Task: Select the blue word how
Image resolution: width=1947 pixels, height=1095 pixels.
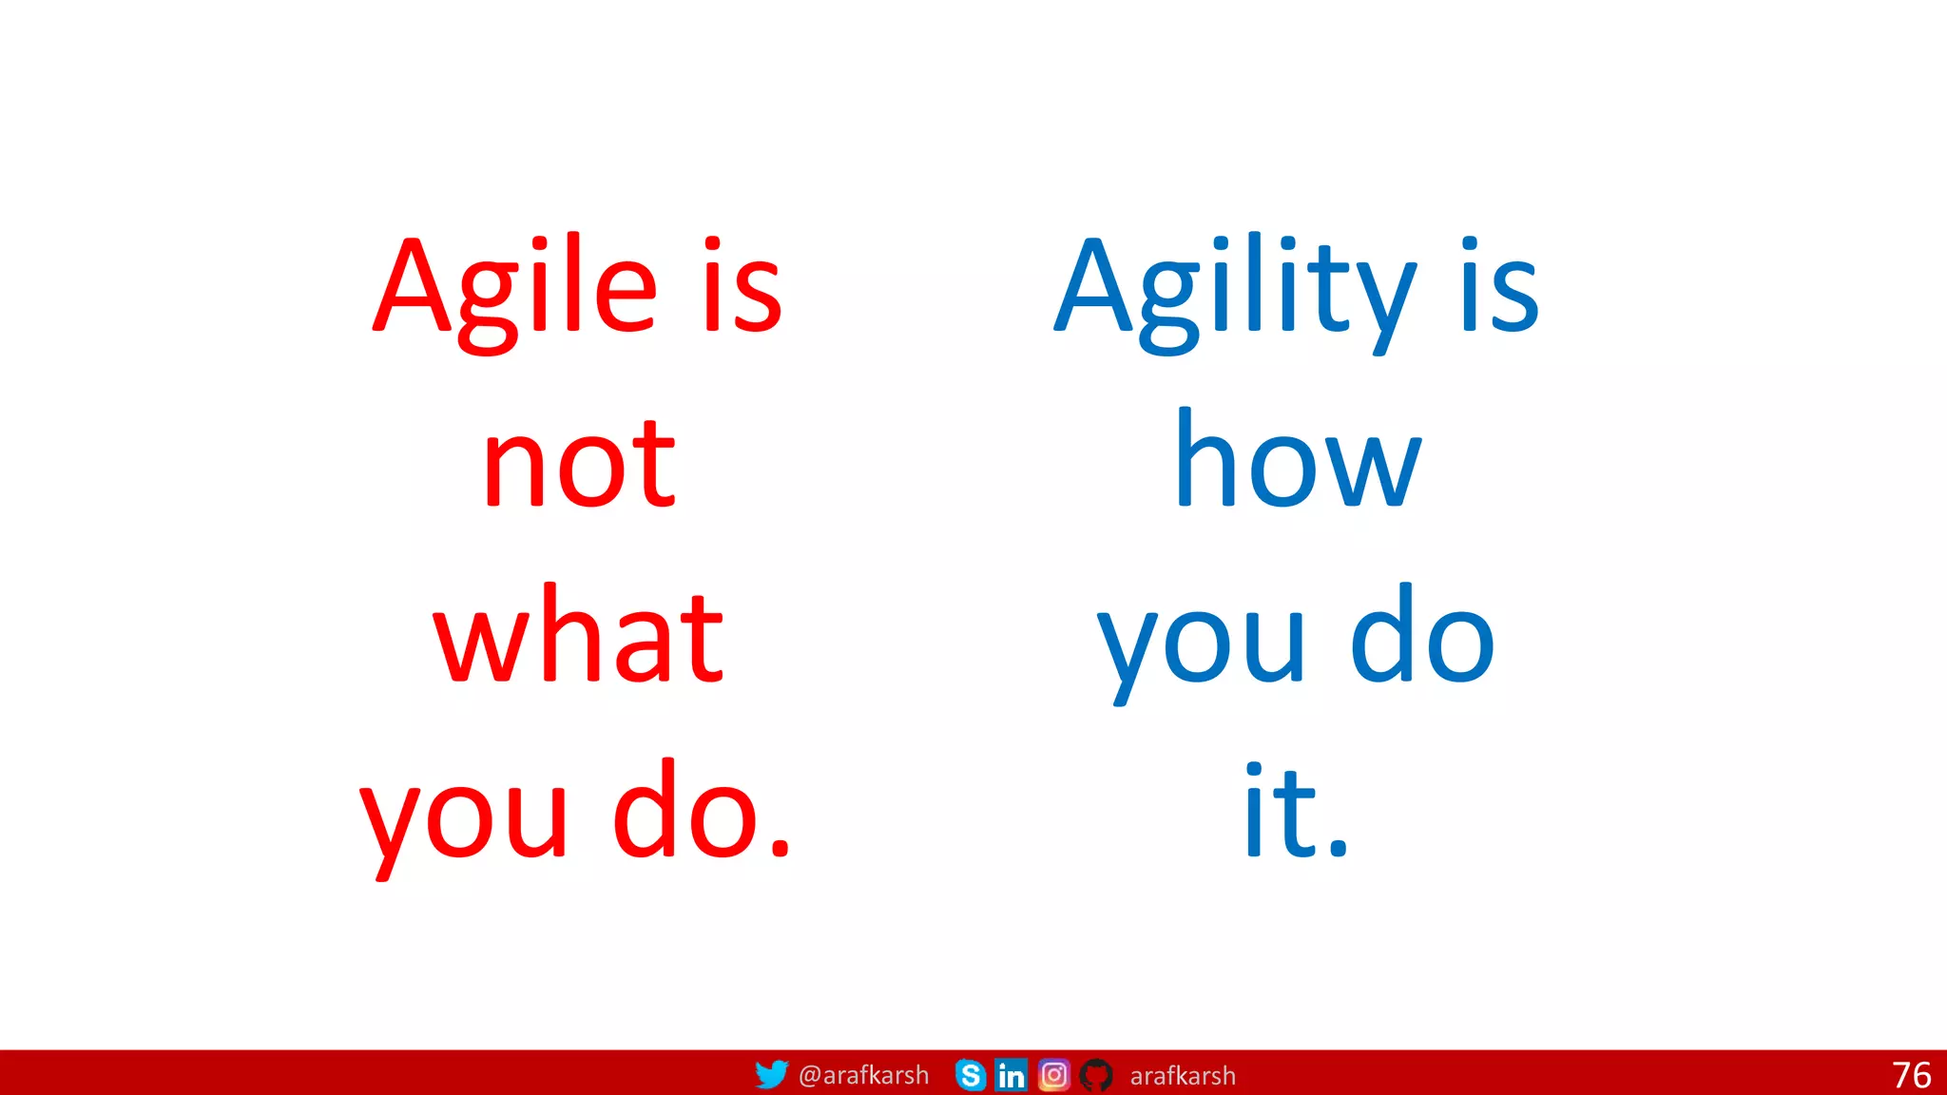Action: coord(1297,460)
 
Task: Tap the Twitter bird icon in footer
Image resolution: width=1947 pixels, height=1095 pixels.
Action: coord(771,1074)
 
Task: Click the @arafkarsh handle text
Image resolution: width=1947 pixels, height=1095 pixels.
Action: coord(863,1075)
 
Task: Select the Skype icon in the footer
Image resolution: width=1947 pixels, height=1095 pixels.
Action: coord(970,1075)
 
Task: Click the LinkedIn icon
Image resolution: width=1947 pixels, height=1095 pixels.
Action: coord(1011,1075)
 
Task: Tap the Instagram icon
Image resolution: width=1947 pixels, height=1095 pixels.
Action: coord(1053,1075)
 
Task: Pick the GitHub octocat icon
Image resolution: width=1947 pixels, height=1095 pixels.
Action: coord(1096,1075)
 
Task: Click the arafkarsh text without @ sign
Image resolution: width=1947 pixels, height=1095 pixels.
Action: coord(1182,1076)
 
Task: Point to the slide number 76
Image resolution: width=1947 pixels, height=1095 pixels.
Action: coord(1911,1075)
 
